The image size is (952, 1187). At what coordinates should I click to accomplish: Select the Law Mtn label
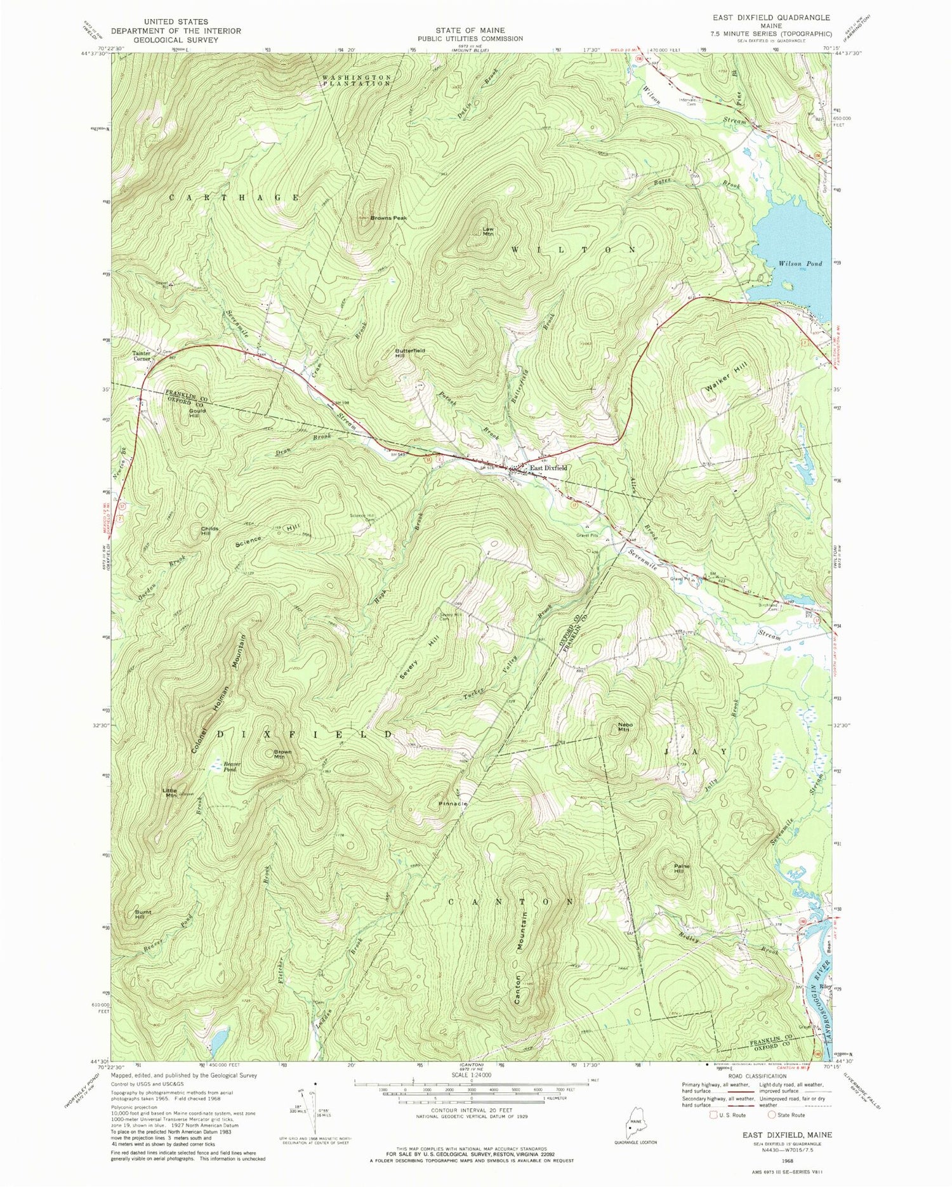(488, 232)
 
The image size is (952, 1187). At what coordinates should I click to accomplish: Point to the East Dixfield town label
(548, 468)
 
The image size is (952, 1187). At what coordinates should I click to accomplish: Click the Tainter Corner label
(142, 355)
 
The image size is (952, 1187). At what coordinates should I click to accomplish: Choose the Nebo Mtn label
(623, 727)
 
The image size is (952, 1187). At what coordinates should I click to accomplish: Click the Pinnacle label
(453, 804)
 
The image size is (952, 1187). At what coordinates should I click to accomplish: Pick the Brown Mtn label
(282, 755)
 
